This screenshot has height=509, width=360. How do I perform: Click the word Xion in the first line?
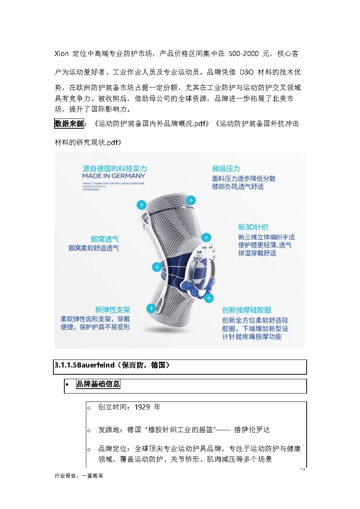tap(62, 54)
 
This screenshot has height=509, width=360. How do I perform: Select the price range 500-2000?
tap(243, 54)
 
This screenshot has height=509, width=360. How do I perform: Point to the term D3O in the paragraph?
tap(246, 72)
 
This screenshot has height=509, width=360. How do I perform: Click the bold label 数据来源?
tap(69, 123)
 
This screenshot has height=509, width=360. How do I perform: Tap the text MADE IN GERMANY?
tap(114, 176)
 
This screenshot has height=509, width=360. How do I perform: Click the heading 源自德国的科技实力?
tap(114, 168)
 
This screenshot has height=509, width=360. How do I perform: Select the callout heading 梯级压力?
tap(226, 168)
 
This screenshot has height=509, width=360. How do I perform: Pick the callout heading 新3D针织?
tap(253, 227)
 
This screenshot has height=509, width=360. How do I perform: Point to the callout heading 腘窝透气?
tap(104, 239)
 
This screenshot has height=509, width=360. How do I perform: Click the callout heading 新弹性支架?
tap(112, 310)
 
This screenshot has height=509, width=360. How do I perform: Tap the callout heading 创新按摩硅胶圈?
tap(246, 310)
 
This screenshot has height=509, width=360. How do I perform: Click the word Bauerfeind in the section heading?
tap(96, 365)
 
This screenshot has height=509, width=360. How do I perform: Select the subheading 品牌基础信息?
tap(98, 384)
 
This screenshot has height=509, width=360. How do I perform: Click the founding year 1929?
tap(142, 407)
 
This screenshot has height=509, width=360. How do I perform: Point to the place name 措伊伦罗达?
tap(252, 430)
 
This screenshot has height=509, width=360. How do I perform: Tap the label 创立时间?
tap(112, 407)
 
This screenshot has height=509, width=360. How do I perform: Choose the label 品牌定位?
tap(112, 448)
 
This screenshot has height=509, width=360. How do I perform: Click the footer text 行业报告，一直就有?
tap(79, 476)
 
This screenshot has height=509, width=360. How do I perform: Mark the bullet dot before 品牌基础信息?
tap(67, 385)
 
